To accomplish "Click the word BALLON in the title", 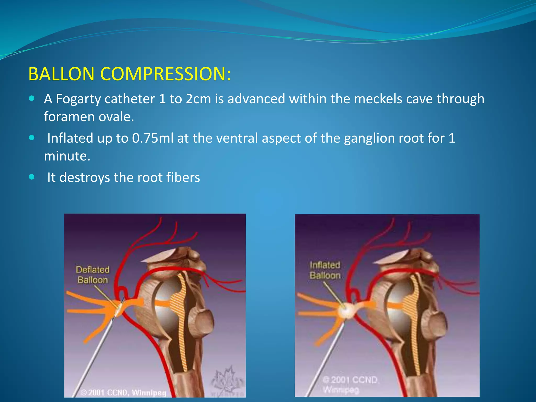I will pyautogui.click(x=61, y=74).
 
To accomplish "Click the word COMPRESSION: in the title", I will pyautogui.click(x=166, y=74).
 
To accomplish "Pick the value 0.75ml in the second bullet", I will pyautogui.click(x=153, y=138).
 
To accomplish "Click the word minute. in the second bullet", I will pyautogui.click(x=67, y=156).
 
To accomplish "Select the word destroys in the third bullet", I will pyautogui.click(x=85, y=178).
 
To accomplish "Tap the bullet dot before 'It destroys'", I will pyautogui.click(x=32, y=177).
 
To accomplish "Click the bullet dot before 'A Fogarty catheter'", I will pyautogui.click(x=32, y=99).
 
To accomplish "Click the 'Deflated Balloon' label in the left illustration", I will pyautogui.click(x=93, y=275).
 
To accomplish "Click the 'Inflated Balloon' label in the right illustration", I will pyautogui.click(x=325, y=270).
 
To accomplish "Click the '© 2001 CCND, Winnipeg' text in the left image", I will pyautogui.click(x=124, y=393).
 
